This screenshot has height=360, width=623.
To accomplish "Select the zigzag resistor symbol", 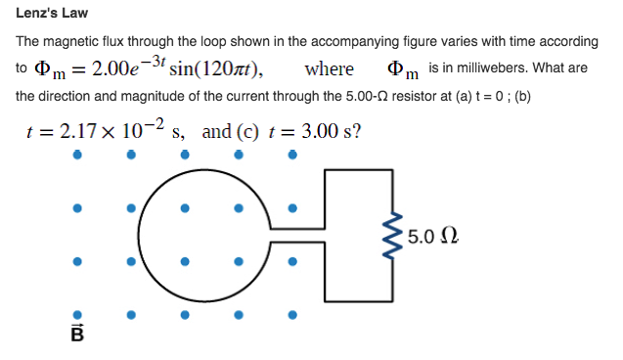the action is [x=394, y=238].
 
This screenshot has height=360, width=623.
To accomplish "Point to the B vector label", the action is [x=78, y=334].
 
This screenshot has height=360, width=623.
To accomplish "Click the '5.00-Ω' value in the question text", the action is [x=252, y=98].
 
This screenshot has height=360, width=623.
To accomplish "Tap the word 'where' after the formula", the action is [x=330, y=69].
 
